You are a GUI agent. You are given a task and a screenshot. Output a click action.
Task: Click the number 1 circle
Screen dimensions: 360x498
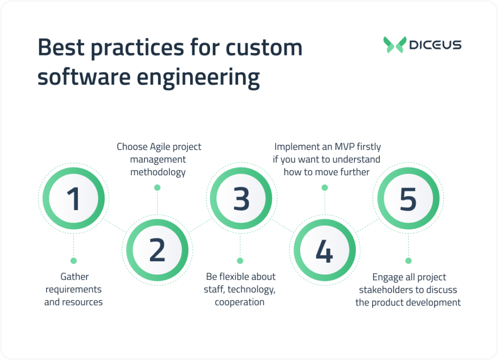73,198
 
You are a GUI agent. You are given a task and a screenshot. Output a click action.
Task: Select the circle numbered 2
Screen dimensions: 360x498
157,250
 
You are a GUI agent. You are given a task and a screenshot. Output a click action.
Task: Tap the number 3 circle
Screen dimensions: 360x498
241,198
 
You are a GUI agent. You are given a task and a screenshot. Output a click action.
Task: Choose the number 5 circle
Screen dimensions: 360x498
408,198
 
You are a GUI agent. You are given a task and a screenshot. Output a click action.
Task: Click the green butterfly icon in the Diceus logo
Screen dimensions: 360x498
394,45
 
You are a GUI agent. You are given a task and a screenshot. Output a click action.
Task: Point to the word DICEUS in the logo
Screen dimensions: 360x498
435,45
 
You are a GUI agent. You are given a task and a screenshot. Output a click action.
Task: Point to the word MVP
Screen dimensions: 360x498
343,146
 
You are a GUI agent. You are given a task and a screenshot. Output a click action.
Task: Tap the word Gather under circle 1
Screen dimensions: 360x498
74,276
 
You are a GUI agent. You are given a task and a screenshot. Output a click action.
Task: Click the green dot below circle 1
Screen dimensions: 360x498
73,260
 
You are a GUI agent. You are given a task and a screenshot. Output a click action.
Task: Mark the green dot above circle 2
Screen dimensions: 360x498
157,187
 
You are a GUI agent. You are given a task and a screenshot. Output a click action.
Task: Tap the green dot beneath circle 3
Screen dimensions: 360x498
240,260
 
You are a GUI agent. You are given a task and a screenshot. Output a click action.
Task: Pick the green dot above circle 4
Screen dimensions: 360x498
324,187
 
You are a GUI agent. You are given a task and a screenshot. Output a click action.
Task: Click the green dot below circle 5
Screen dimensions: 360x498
408,260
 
